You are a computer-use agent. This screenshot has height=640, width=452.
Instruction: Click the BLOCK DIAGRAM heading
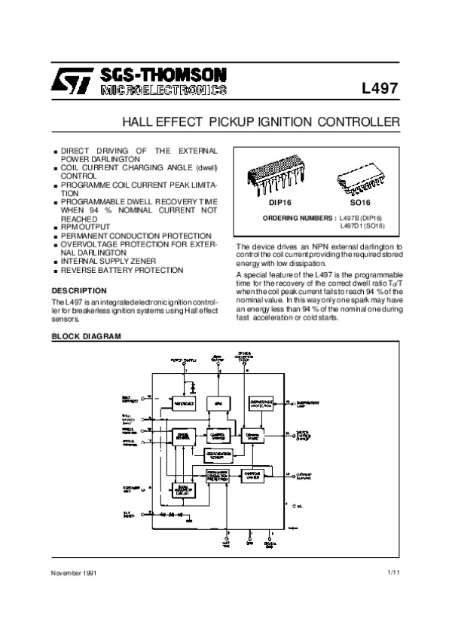pos(85,335)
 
